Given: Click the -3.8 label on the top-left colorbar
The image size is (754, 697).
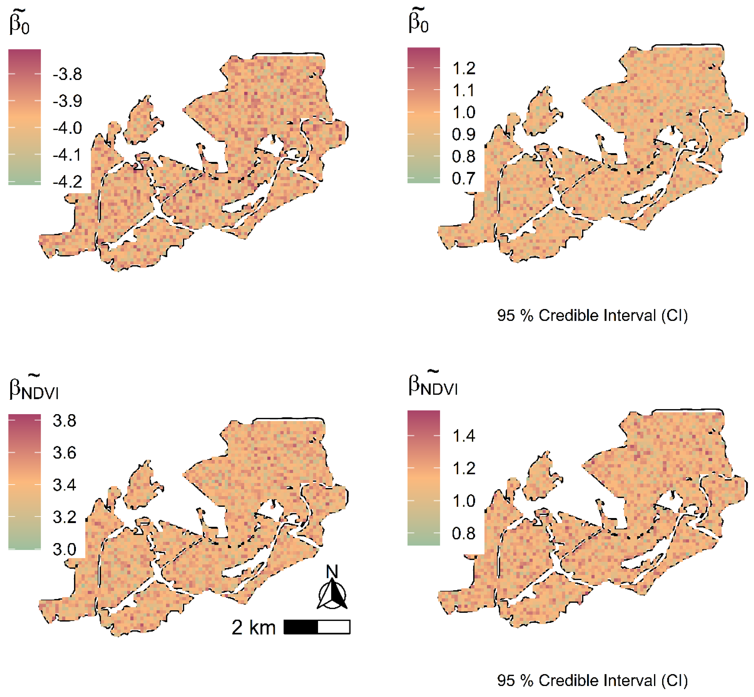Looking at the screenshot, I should (x=67, y=74).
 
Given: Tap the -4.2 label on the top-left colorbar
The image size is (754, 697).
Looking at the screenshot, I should (x=67, y=182).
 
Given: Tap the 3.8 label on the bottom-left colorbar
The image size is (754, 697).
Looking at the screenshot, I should (x=64, y=421).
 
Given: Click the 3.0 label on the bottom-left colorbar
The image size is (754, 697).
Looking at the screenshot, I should (x=64, y=549).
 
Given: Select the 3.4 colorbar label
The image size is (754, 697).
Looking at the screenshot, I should (x=64, y=485).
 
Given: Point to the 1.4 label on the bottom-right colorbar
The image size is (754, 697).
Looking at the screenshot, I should (x=464, y=436).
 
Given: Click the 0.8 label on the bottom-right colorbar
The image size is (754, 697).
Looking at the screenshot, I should (x=464, y=534).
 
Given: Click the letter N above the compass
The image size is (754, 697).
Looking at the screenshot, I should (x=332, y=572).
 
